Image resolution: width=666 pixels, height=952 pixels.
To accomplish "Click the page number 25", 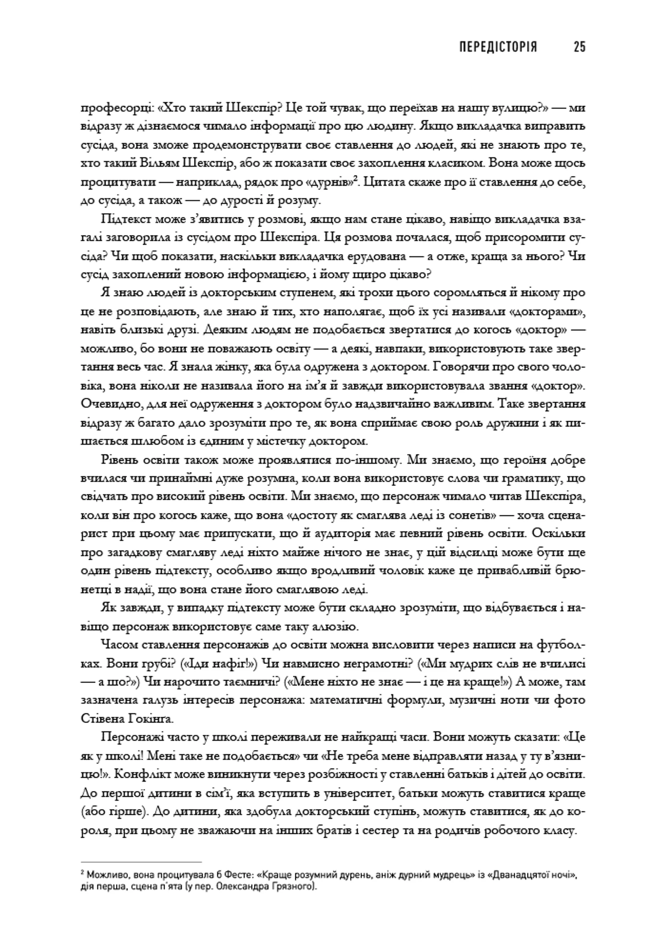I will (579, 47).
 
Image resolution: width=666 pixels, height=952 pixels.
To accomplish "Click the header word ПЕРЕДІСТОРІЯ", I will (498, 47).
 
